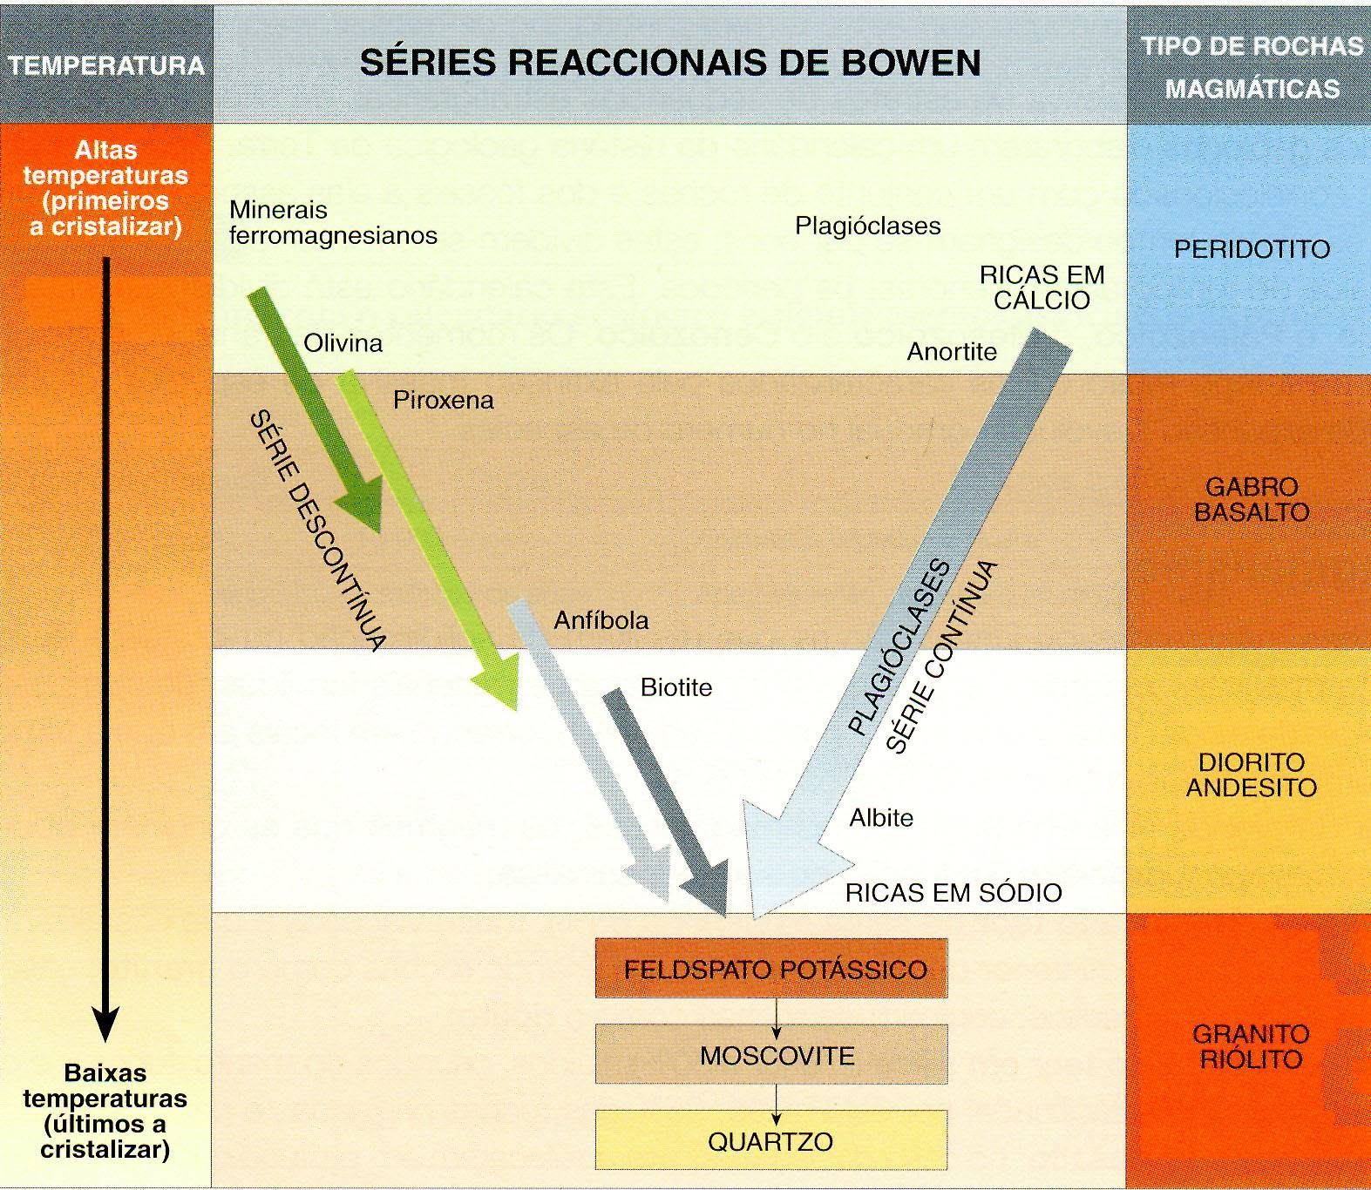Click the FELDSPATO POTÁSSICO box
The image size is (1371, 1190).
click(771, 968)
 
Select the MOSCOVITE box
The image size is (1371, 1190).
click(771, 1055)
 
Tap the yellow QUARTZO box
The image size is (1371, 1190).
click(771, 1140)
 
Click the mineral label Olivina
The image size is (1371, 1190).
click(343, 343)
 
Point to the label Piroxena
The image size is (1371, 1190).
click(443, 401)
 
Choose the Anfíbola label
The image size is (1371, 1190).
click(601, 620)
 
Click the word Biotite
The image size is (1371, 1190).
click(676, 687)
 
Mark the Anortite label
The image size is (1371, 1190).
click(952, 352)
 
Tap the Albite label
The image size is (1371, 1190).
click(881, 818)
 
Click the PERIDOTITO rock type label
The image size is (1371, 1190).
click(1252, 250)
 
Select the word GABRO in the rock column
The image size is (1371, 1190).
click(1252, 486)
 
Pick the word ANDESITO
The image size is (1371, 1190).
click(1252, 788)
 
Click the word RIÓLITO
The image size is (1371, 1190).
click(1252, 1059)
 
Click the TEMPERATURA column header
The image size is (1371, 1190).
click(106, 65)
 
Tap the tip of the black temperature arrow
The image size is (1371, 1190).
click(105, 1042)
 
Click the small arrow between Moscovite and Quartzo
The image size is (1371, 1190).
click(776, 1098)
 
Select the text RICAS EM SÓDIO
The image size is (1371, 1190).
click(954, 893)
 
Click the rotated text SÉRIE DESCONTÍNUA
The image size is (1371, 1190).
click(318, 531)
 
